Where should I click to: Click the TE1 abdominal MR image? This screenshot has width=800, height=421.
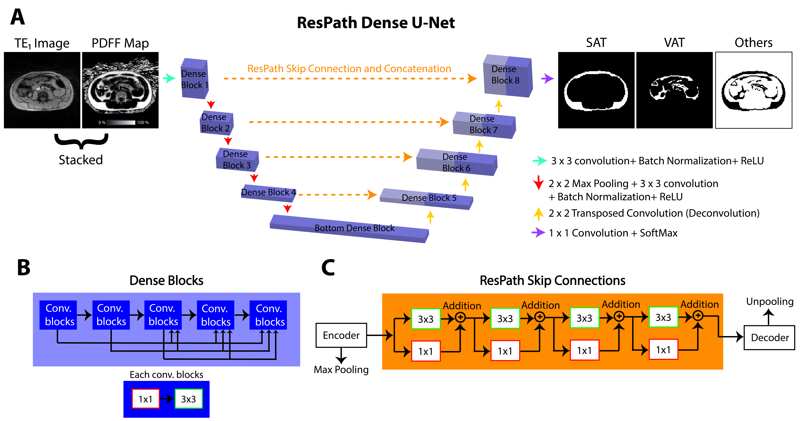tap(42, 90)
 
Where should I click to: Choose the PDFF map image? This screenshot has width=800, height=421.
tap(120, 90)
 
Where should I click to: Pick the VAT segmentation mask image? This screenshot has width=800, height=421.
tap(674, 90)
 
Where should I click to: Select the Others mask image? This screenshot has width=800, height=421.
tap(753, 90)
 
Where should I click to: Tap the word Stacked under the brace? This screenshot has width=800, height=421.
tap(81, 160)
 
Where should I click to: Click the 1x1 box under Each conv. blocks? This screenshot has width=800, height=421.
tap(145, 399)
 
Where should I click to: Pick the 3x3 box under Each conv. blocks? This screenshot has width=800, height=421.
tap(189, 399)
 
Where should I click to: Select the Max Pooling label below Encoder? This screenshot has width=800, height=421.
tap(341, 369)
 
